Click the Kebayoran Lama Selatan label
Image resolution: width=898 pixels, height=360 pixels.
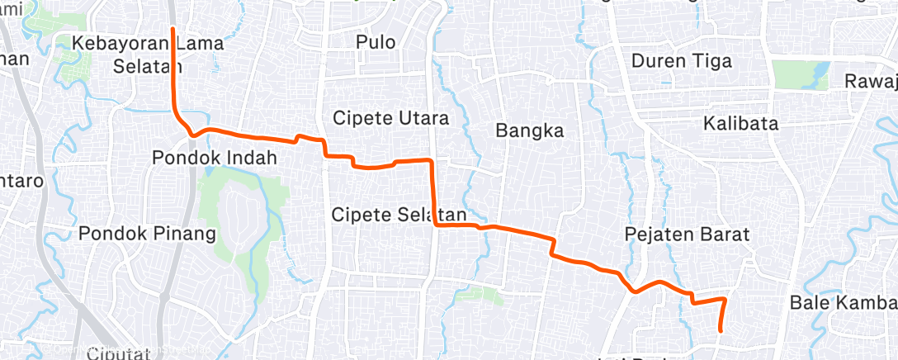147,54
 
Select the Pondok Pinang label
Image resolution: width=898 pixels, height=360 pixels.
147,234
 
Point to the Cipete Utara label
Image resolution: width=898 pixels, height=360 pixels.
390,118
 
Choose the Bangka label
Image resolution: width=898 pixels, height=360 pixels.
529,130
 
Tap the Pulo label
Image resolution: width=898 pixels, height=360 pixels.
376,42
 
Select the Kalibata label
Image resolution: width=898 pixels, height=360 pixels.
741,124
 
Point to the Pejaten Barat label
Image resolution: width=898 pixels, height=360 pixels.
687,234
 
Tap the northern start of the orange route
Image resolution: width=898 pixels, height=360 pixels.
173,29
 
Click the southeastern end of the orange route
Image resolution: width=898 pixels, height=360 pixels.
721,330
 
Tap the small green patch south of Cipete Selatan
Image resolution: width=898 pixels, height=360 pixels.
487,295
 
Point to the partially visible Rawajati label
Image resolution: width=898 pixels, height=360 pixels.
871,81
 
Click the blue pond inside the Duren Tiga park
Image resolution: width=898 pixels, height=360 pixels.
820,78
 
